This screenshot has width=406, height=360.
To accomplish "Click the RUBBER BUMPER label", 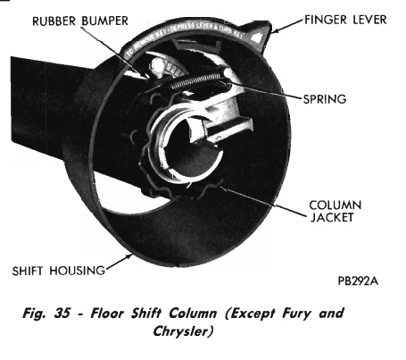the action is pos(80,21).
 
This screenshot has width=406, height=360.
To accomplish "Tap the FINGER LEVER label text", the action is pos(345,20).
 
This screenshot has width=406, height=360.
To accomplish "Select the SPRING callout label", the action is pos(325,99).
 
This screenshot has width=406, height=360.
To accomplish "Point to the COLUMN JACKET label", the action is pos(336,212).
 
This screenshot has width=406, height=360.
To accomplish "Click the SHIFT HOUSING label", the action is pos(59,271).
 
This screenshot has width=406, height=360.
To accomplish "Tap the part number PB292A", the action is pos(358,280).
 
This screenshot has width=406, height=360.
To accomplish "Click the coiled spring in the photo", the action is pos(195,80).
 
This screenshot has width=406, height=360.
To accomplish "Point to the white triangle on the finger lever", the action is pos(257,37).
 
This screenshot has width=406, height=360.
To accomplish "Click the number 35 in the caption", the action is pos(62,314).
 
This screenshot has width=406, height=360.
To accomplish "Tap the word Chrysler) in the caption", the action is pos(183,331).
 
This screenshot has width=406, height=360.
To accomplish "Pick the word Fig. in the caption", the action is pos(34,314).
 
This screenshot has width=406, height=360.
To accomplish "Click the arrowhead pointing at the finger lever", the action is pos(275,30).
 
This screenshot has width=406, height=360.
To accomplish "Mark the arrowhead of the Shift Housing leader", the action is pos(129,255).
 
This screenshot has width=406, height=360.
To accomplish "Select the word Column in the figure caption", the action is pos(193,314).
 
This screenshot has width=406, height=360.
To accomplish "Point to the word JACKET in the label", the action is pos(332,217).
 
